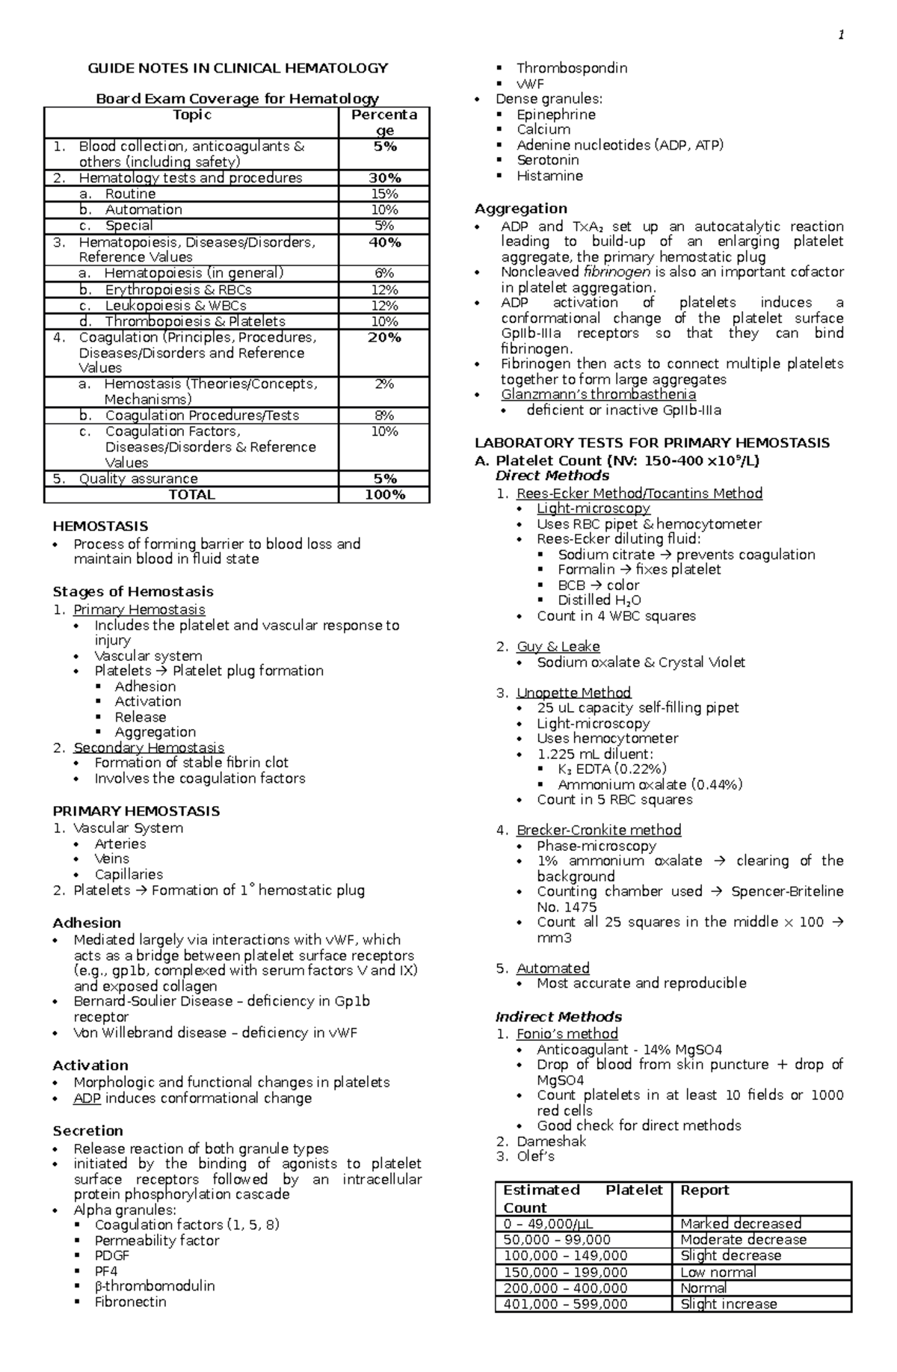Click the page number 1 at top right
pos(842,35)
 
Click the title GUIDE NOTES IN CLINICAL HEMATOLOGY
pos(238,68)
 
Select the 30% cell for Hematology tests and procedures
pos(384,178)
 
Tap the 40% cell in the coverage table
pos(384,242)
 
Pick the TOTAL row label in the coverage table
pos(191,495)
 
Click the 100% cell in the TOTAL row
pos(384,495)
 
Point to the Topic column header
pos(191,114)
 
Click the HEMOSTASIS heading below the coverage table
pos(100,526)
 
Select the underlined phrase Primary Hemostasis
pos(139,610)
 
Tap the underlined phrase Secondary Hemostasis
pos(148,748)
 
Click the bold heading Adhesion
pos(86,923)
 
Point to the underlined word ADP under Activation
pos(87,1098)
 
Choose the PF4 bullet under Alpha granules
pos(106,1271)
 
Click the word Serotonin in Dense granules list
pos(547,160)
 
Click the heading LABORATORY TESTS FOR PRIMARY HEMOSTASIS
pos(652,443)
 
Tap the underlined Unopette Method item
pos(573,693)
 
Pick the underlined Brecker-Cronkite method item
pos(599,830)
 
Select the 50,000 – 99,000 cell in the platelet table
pos(557,1240)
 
